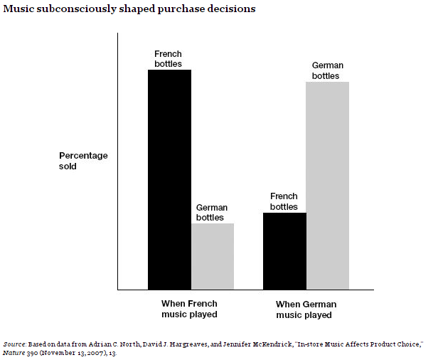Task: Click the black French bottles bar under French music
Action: pyautogui.click(x=169, y=179)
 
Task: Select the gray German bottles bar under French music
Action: pyautogui.click(x=213, y=256)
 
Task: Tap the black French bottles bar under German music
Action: pyautogui.click(x=284, y=251)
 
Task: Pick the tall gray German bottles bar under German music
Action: pyautogui.click(x=327, y=186)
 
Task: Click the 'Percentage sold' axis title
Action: pyautogui.click(x=83, y=161)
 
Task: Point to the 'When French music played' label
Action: pyautogui.click(x=189, y=309)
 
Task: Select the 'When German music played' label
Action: pyautogui.click(x=306, y=309)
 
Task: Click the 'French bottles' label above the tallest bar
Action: pyautogui.click(x=168, y=58)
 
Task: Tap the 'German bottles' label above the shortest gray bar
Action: pyautogui.click(x=212, y=213)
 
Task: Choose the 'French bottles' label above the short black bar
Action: pyautogui.click(x=284, y=201)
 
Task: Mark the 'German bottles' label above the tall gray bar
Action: pyautogui.click(x=327, y=70)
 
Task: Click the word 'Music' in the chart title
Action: pyautogui.click(x=18, y=9)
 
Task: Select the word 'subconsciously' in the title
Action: pyautogui.click(x=77, y=9)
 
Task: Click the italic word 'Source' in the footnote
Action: pyautogui.click(x=14, y=344)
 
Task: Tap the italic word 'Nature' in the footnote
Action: pyautogui.click(x=14, y=353)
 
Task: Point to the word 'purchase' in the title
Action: pyautogui.click(x=181, y=9)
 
